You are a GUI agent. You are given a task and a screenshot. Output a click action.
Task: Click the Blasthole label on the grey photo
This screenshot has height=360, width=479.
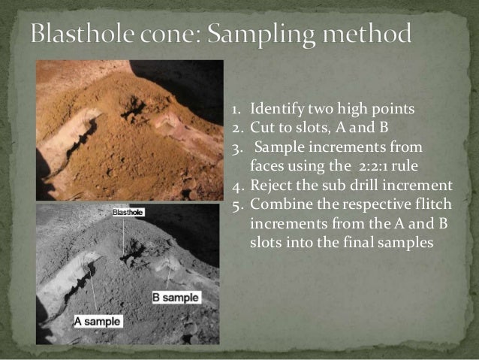128,213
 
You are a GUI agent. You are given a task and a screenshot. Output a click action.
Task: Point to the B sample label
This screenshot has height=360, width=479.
176,297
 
